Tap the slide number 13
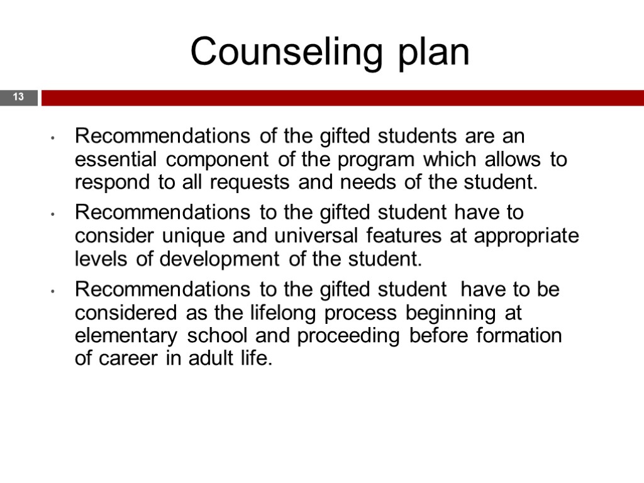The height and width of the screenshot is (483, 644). [x=18, y=97]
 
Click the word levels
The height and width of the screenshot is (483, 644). [x=103, y=259]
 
